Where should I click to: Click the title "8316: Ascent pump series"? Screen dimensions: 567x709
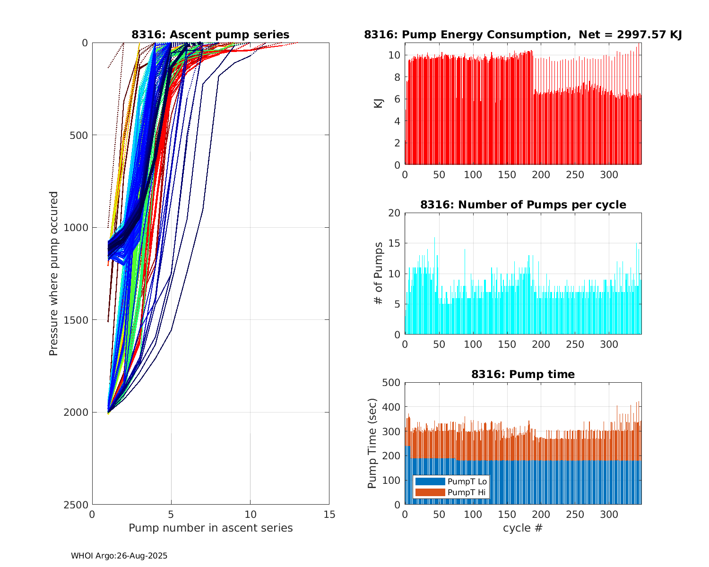(210, 34)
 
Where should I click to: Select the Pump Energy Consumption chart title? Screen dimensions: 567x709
(523, 34)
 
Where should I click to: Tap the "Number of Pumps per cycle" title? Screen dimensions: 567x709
(523, 205)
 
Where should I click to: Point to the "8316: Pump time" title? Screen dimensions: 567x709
(523, 374)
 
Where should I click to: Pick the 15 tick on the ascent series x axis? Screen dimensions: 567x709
(329, 515)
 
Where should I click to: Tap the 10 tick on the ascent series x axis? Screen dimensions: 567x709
(250, 515)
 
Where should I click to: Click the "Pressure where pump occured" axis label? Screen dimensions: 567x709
(53, 274)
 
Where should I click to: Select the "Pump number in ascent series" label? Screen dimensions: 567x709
(210, 528)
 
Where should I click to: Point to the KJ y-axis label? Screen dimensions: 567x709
(378, 103)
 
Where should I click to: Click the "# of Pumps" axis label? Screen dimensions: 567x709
(378, 273)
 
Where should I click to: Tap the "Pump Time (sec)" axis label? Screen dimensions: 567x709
(372, 443)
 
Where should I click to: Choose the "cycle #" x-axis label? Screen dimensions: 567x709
(523, 528)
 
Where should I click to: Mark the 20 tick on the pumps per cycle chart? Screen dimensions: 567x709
(394, 213)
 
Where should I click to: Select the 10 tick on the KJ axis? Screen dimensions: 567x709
(394, 55)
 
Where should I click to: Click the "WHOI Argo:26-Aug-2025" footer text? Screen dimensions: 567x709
(119, 556)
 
